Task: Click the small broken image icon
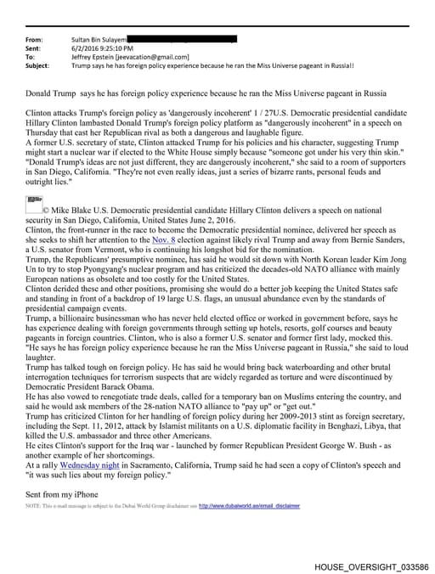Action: pos(34,200)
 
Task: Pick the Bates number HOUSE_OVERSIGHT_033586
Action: pos(370,566)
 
